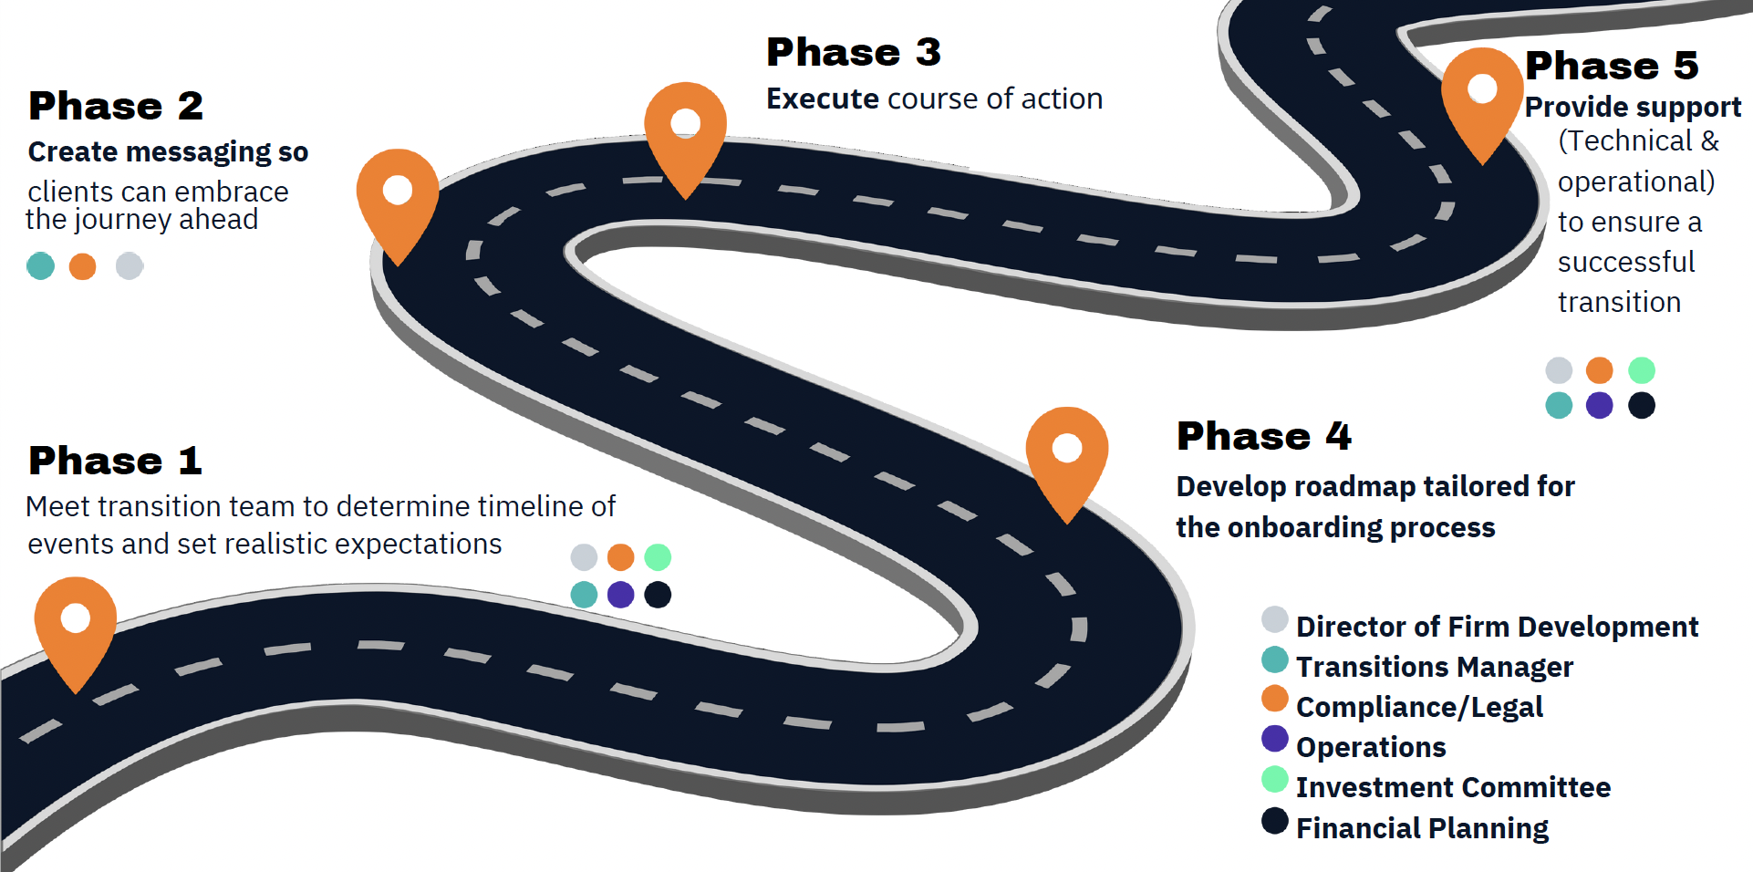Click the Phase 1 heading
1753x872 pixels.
[115, 461]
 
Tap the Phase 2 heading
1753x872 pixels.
[116, 106]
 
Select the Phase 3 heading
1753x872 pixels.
[853, 52]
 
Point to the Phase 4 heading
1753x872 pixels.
[1263, 436]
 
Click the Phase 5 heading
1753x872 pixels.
[1612, 66]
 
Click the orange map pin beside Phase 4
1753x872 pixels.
[1066, 452]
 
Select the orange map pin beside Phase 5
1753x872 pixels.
[1482, 92]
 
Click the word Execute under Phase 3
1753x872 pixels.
[822, 99]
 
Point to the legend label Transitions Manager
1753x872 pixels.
[1434, 667]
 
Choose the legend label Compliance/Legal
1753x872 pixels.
[1419, 707]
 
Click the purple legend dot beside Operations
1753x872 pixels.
[1274, 738]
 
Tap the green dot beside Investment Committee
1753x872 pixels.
[1274, 778]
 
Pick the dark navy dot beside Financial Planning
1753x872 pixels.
[1274, 820]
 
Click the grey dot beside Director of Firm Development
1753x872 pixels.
[1274, 619]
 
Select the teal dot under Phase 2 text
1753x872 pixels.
[41, 266]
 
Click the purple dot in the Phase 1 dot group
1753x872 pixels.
[620, 595]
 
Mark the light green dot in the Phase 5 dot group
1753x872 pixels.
[1641, 370]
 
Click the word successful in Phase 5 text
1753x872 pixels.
[1625, 262]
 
